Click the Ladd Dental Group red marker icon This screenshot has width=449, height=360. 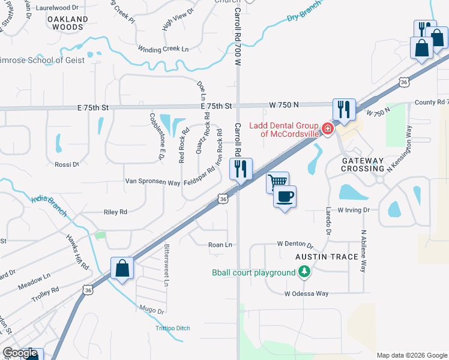tap(327, 128)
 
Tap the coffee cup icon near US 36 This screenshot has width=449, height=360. tap(285, 196)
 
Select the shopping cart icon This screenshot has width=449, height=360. tap(277, 182)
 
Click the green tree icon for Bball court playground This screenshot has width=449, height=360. tap(305, 273)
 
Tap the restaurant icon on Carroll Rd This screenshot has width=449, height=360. tap(241, 169)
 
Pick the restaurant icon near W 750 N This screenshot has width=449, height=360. tap(344, 109)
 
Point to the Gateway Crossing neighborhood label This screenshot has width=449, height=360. tap(363, 166)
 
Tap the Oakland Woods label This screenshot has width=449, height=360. tap(68, 23)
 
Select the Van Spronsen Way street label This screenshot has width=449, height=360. tap(152, 182)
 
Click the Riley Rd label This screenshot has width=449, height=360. tap(116, 212)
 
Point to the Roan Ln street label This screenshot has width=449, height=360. tap(220, 245)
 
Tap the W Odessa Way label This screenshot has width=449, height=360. tap(307, 293)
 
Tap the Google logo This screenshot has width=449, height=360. tap(20, 353)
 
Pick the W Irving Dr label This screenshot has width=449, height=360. tap(354, 210)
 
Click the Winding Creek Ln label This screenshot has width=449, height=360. tap(163, 49)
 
